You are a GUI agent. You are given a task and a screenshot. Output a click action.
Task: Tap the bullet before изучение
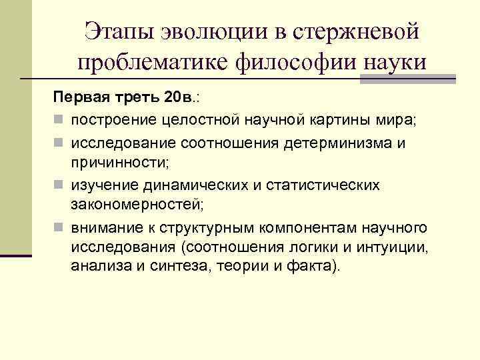click(59, 185)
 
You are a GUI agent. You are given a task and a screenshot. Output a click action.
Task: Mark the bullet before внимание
click(59, 228)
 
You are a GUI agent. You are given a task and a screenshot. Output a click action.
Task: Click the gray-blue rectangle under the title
click(407, 78)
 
